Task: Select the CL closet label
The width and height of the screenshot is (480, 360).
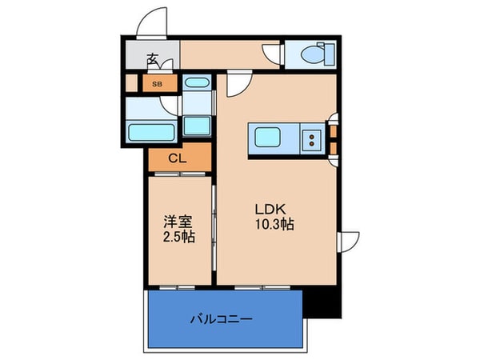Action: (x=178, y=158)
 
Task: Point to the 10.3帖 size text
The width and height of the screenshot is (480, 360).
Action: (x=274, y=225)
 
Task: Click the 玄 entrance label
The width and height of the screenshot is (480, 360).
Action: (x=151, y=58)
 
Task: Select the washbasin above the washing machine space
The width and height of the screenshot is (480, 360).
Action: (x=196, y=82)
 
